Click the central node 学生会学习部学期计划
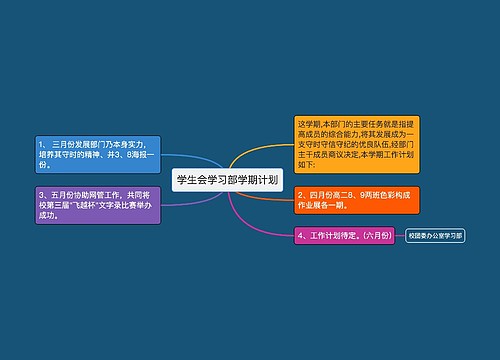click(227, 181)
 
